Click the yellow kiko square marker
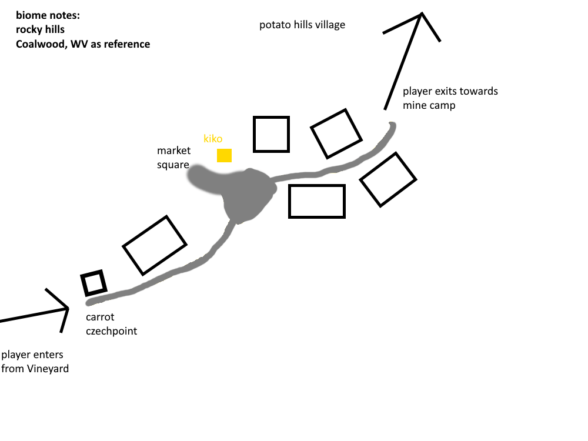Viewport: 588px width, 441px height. (224, 155)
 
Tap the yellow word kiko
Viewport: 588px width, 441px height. (213, 139)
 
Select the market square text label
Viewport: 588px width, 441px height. (173, 158)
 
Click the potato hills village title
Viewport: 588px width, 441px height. (302, 25)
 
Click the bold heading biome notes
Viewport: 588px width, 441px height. (48, 15)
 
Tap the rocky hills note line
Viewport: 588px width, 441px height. (41, 29)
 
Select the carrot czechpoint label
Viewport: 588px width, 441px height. (111, 324)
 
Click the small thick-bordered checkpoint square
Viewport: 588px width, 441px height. (94, 283)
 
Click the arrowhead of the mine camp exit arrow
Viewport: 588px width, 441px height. (421, 16)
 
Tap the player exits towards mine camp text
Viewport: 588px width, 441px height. (450, 98)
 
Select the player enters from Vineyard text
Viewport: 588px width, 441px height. (35, 362)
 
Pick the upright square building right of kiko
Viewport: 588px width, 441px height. (271, 135)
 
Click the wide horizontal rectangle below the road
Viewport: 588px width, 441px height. (317, 201)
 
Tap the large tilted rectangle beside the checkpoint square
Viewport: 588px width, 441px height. (154, 245)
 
